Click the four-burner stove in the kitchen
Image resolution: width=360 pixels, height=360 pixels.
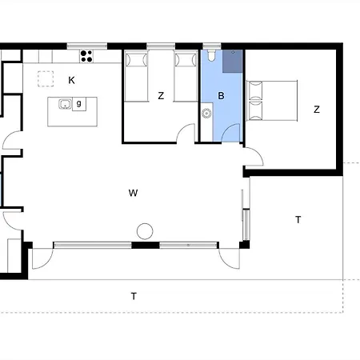tap(86, 56)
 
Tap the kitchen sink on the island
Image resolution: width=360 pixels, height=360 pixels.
tap(65, 104)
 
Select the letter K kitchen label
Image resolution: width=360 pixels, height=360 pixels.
tap(71, 80)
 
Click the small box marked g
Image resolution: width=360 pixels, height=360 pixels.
tap(79, 104)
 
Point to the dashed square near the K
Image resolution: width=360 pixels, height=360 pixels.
tap(46, 78)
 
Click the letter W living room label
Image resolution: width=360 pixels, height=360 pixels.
tap(133, 193)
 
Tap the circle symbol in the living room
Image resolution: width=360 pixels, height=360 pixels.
tap(145, 231)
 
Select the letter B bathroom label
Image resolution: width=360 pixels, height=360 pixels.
tap(221, 96)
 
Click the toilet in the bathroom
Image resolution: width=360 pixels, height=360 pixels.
tap(211, 55)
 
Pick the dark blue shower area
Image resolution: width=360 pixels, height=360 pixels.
tap(233, 61)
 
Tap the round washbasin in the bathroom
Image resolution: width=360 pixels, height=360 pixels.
tap(206, 114)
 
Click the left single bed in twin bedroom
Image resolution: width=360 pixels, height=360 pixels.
tap(136, 76)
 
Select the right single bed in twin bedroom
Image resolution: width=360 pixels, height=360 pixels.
tap(186, 76)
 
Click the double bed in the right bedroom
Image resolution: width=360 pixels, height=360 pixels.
tap(272, 101)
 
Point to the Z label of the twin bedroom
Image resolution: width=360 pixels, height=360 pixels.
tap(161, 96)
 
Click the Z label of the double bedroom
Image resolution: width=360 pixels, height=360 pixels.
tap(317, 110)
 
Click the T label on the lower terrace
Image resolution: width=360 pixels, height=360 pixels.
tap(134, 296)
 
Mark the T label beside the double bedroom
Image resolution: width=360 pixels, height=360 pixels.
tap(298, 220)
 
